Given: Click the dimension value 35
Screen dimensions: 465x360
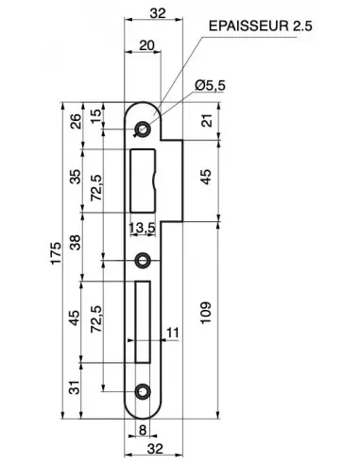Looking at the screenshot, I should pos(77,178).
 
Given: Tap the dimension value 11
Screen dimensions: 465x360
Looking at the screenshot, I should pos(172,332).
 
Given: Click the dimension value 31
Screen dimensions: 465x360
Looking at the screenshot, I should pos(77,387).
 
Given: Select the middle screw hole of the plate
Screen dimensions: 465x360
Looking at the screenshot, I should pos(144,260).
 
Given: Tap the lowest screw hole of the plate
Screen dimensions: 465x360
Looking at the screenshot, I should pos(144,389).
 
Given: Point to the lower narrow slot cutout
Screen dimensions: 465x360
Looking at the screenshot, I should pos(144,322).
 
